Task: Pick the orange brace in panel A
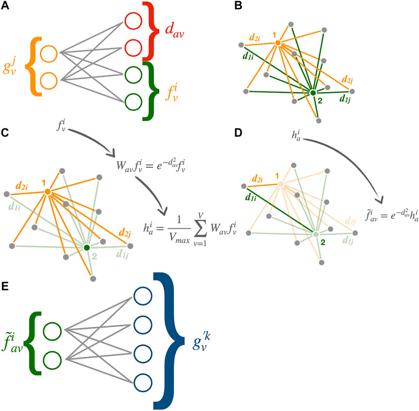coord(31,67)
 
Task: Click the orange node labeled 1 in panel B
coord(278,42)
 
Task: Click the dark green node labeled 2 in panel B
coord(313,93)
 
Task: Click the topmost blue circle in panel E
coord(141,297)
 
